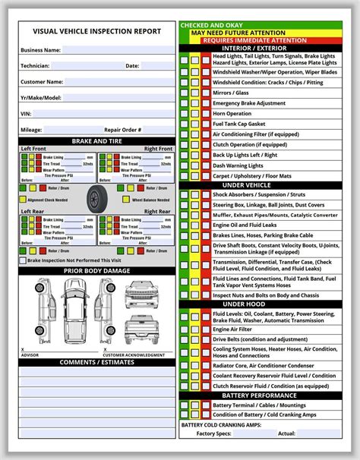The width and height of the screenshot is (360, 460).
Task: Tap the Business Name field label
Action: (41, 50)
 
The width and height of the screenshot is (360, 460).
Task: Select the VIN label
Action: (26, 114)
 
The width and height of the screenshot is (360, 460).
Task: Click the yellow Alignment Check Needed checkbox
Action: (24, 200)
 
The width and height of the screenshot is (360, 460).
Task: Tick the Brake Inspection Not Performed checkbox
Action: (24, 260)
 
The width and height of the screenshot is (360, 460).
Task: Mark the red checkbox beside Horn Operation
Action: (205, 113)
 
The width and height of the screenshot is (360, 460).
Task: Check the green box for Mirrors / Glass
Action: (185, 92)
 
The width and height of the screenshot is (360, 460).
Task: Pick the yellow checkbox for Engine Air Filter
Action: (195, 329)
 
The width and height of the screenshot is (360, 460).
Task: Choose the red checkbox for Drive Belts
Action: (205, 340)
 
